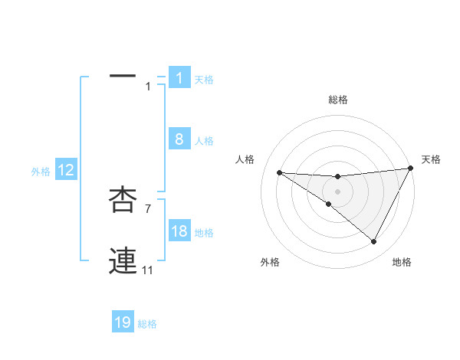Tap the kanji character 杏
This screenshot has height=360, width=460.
coord(123,200)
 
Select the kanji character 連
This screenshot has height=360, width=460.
coord(123,261)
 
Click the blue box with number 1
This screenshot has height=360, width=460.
coord(179,78)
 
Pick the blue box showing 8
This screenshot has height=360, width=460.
coord(179,139)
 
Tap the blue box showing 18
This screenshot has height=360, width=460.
coord(179,231)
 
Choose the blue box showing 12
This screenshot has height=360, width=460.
coord(66,171)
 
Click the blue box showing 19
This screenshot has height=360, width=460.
coord(123,322)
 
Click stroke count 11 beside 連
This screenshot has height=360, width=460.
coord(148,270)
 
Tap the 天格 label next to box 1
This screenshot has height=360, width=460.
coord(204,80)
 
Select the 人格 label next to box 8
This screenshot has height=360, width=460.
coord(204,141)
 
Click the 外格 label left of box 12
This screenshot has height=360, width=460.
coord(41,172)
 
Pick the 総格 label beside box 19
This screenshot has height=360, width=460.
coord(147,324)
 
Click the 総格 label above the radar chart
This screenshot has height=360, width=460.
coord(337,100)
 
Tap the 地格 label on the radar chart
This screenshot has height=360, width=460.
coord(402,263)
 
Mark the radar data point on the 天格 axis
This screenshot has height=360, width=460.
coord(410,169)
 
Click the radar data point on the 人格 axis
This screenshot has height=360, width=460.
coord(279,172)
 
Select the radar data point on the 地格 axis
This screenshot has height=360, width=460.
coord(373,242)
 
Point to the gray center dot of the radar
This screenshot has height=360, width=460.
coord(337,190)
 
